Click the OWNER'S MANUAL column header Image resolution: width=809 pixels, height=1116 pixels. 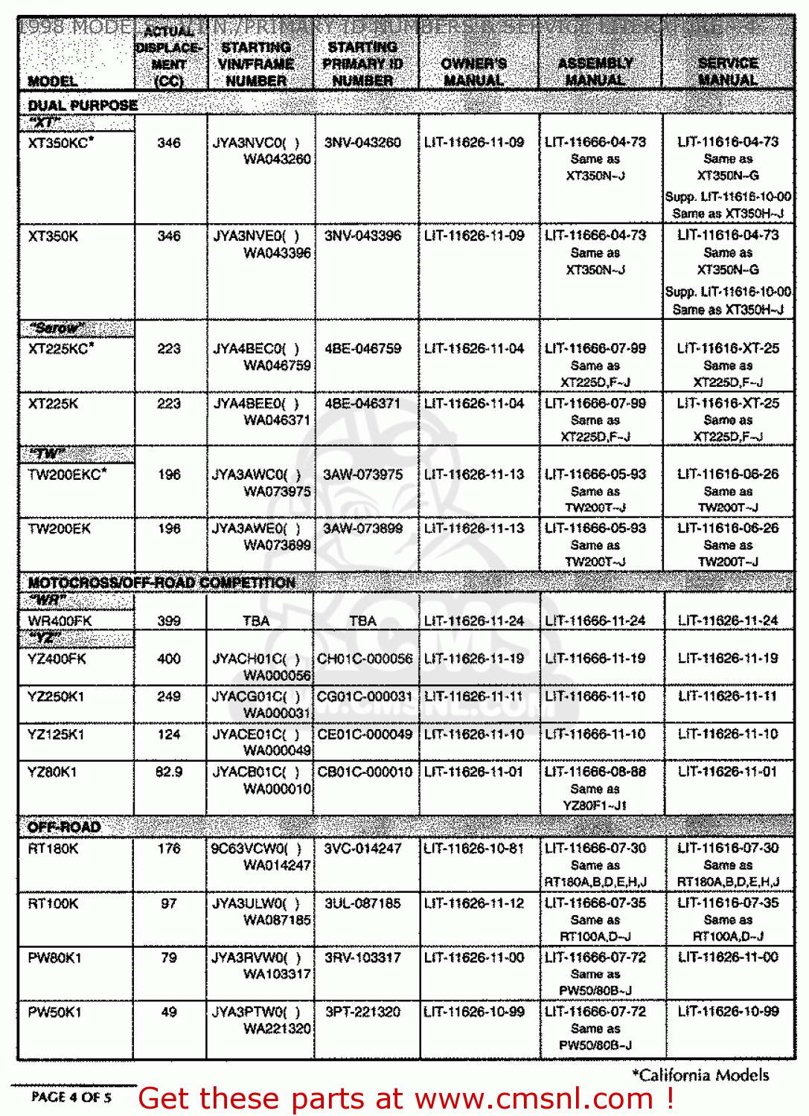point(473,71)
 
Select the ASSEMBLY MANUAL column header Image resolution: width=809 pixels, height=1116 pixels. point(595,71)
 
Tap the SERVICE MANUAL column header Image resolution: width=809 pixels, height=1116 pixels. point(728,71)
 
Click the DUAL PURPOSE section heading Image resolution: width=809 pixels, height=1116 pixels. point(83,105)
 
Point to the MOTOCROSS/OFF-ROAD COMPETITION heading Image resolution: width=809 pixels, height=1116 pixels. point(162,583)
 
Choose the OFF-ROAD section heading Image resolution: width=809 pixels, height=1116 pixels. point(64,827)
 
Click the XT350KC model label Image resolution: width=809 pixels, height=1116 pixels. point(60,142)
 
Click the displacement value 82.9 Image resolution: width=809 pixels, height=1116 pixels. point(169,772)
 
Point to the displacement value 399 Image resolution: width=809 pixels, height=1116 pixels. point(169,620)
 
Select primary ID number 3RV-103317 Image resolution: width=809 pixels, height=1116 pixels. point(362,958)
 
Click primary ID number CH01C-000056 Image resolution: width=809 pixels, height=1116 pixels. point(365,658)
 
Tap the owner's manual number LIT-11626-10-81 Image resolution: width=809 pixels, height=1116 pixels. point(474,848)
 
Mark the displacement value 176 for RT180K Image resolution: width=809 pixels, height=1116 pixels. point(169,848)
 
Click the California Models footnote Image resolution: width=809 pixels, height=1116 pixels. point(700,1074)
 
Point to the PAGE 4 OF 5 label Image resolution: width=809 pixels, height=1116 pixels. point(71,1097)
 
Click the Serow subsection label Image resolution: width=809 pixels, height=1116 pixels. point(57,328)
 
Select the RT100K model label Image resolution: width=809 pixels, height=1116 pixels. point(53,903)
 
